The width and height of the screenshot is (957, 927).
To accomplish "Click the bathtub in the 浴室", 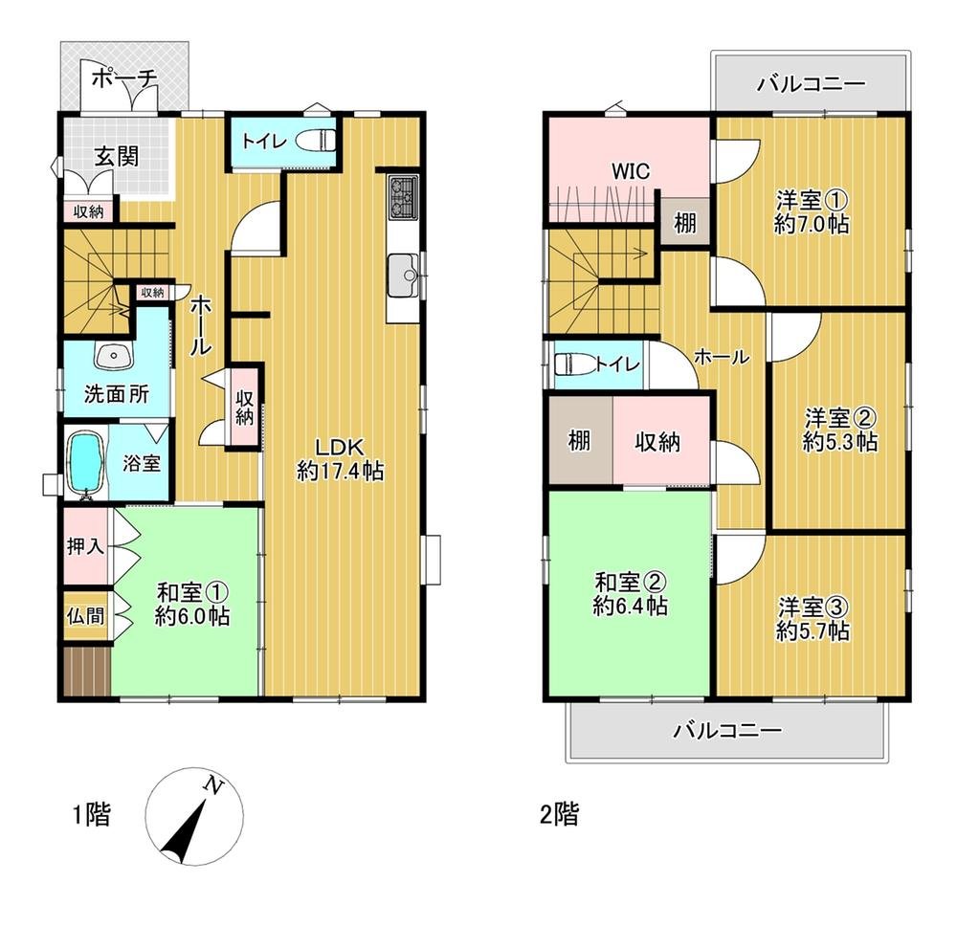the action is click(85, 462).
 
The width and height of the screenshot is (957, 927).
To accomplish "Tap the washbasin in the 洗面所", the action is click(113, 356).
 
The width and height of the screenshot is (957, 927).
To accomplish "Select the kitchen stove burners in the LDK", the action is click(403, 196).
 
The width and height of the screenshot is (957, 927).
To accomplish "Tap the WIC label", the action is click(631, 171).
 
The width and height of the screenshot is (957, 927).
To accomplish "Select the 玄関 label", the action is click(116, 156).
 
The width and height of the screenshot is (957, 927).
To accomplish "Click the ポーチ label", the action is click(125, 78).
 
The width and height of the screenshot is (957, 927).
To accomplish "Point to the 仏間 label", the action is click(85, 616).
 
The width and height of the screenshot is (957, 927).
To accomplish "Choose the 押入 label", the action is click(85, 546).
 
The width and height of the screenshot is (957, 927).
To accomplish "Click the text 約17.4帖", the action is click(341, 471).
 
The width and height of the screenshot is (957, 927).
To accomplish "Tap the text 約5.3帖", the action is click(840, 442).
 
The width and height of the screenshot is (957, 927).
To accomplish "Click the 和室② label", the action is click(630, 582).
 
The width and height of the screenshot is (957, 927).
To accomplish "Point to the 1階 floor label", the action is click(92, 814).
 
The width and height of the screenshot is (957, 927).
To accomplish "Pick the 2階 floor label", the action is click(559, 814).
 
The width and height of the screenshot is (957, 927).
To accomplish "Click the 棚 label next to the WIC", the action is click(685, 223).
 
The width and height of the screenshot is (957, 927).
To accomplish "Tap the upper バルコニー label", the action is click(812, 83).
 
